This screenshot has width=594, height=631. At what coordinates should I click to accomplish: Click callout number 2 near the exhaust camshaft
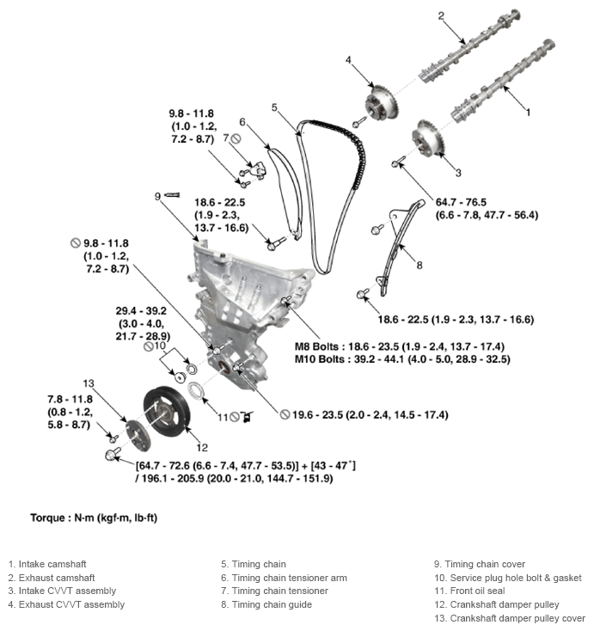tap(440, 15)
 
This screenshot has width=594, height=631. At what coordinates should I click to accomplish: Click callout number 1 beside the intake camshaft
tap(528, 112)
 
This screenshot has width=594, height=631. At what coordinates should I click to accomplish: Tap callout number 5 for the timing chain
tap(274, 107)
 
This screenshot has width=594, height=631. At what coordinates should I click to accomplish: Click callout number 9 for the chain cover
tap(158, 196)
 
